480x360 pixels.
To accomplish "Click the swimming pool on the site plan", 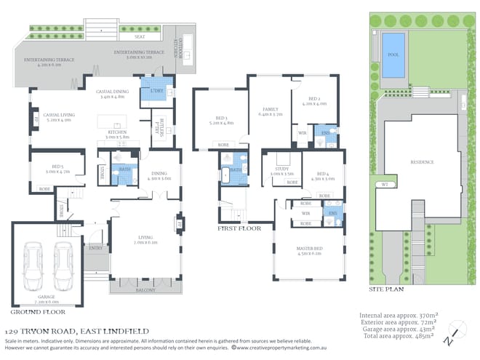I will click(393, 55).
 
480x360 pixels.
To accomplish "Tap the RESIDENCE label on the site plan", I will click(423, 162).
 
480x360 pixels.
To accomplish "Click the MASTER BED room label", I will click(309, 249).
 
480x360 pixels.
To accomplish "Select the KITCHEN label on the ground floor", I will click(118, 133).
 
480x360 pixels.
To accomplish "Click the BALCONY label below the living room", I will click(145, 289).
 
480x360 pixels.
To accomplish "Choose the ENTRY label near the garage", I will click(96, 248).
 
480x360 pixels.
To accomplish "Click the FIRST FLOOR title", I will click(239, 228).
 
